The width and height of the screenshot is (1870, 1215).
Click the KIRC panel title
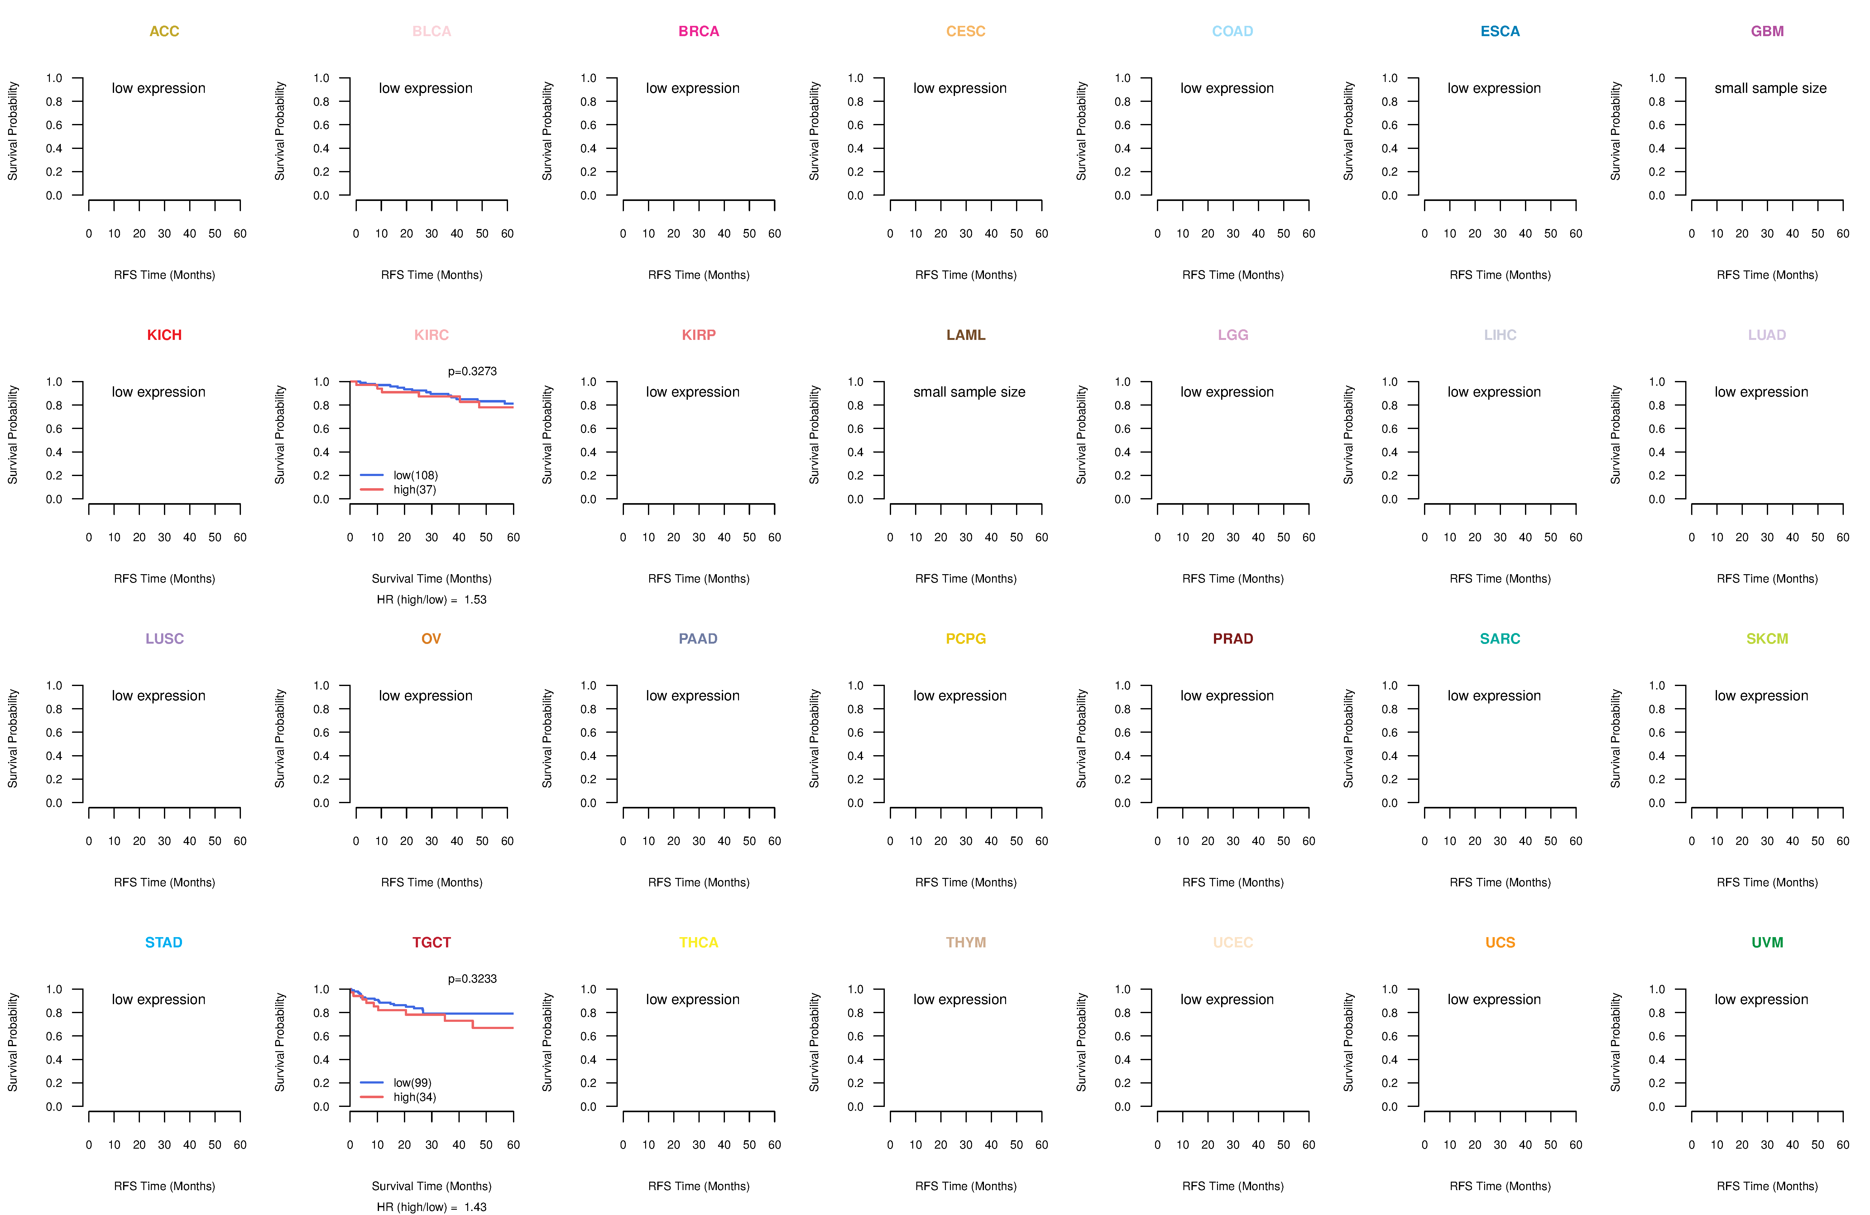[x=431, y=335]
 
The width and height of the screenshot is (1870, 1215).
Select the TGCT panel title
[x=431, y=942]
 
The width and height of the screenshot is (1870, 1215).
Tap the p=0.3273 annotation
[x=472, y=371]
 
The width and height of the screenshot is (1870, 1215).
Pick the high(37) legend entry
[x=398, y=489]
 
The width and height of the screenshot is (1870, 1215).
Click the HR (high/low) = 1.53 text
[x=431, y=600]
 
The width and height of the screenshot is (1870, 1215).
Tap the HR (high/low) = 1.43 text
[x=431, y=1207]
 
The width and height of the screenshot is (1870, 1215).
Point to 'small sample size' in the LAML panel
[x=969, y=392]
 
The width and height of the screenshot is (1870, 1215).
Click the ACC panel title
[x=164, y=31]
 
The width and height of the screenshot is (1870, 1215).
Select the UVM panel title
[x=1767, y=942]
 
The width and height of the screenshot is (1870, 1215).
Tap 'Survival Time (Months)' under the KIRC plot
[x=431, y=579]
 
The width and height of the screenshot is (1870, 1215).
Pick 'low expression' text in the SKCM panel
[x=1761, y=696]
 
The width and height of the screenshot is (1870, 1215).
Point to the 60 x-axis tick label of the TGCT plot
[x=513, y=1145]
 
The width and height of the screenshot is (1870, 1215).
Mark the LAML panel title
[x=966, y=335]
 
